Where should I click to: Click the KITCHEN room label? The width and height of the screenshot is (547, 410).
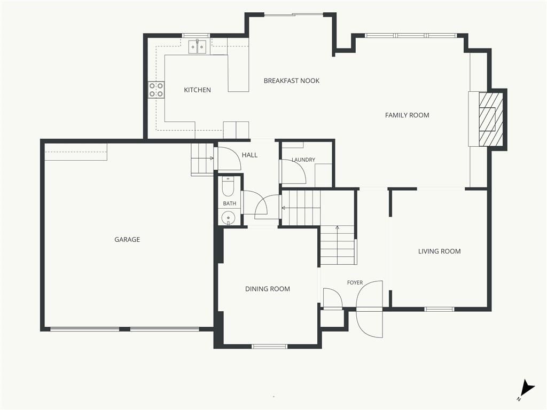197,90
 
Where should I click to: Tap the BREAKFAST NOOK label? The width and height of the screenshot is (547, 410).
291,81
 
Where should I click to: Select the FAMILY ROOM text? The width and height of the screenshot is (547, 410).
407,115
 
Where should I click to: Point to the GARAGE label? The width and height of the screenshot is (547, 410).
127,240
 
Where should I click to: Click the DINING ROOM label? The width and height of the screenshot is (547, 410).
267,289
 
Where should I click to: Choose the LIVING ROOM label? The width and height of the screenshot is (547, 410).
439,251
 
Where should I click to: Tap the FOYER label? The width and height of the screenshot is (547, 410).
355,283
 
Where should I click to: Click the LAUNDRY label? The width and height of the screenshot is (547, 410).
303,160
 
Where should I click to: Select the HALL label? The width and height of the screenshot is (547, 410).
249,155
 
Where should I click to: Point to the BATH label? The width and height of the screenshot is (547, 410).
230,203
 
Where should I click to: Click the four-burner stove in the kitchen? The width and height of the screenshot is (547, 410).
157,90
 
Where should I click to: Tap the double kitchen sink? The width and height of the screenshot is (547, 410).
198,47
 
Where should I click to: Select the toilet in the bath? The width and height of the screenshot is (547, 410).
229,187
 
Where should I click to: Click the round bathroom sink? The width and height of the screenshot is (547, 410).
229,218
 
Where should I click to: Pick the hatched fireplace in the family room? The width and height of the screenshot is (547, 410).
491,119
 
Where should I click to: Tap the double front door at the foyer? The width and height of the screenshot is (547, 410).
370,309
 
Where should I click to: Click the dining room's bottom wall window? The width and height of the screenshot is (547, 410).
269,346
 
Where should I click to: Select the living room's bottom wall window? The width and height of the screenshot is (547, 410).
439,309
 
